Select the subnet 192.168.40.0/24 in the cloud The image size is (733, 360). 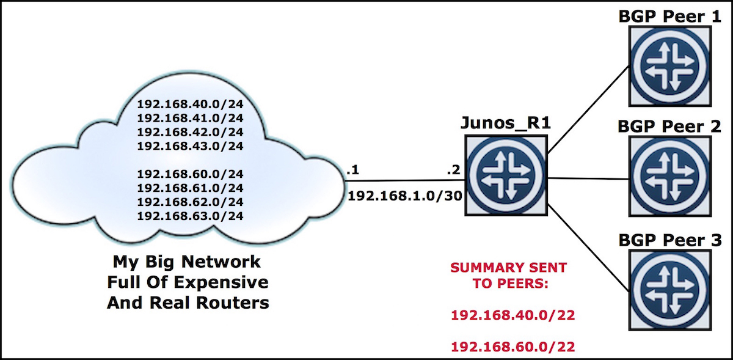[190, 104]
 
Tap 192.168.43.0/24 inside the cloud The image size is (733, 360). [190, 145]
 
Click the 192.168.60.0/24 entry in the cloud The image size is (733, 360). [190, 174]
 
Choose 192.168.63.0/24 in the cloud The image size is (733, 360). [190, 215]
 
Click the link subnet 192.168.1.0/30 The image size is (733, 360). [403, 197]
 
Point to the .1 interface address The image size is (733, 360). [352, 171]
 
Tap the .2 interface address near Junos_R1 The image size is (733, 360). [453, 171]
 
